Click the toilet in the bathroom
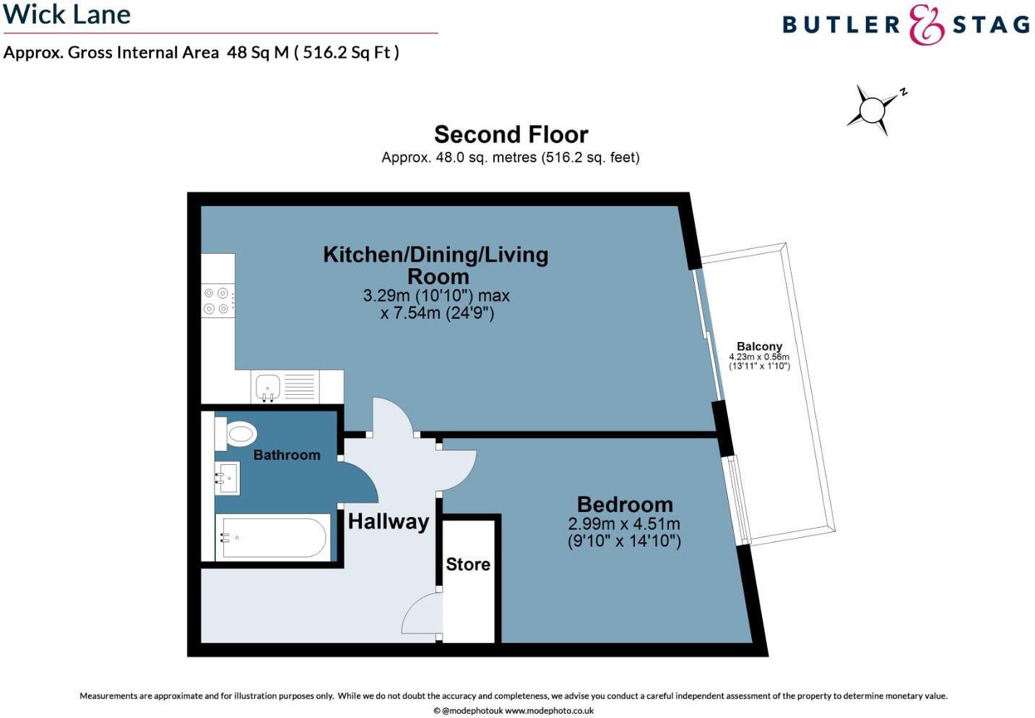tap(238, 434)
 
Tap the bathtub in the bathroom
tap(273, 537)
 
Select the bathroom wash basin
tap(227, 478)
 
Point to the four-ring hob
tap(217, 301)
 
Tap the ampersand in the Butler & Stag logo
tap(926, 25)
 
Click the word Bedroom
tap(625, 504)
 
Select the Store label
tap(468, 564)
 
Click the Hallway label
tap(389, 521)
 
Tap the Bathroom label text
tap(287, 455)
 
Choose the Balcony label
tap(759, 346)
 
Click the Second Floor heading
tap(511, 134)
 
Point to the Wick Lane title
tap(67, 14)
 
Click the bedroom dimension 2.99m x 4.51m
tap(624, 523)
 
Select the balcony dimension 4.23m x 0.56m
tap(759, 357)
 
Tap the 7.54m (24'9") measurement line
tap(437, 313)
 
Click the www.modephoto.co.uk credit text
tap(549, 711)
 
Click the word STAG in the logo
tap(991, 25)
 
